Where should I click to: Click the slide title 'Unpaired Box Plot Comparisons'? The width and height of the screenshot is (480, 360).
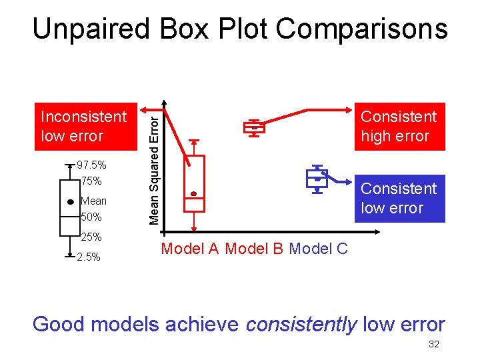click(x=240, y=29)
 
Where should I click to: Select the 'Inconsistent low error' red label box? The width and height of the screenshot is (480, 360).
click(x=83, y=126)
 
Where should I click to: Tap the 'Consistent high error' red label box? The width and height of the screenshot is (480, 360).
click(x=399, y=126)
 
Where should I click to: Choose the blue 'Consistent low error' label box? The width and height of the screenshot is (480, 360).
click(x=399, y=198)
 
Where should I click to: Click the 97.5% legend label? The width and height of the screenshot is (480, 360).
click(x=91, y=165)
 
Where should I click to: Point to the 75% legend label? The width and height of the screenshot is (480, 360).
click(x=91, y=181)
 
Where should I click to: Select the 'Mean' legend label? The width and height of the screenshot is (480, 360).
click(x=93, y=201)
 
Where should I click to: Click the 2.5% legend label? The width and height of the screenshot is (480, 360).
click(x=89, y=257)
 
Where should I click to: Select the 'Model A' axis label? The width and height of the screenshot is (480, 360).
click(x=190, y=249)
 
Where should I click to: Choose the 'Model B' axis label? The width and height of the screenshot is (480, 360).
click(x=254, y=249)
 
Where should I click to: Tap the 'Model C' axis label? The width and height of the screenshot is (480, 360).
click(x=318, y=249)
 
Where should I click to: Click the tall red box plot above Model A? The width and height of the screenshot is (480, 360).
click(x=194, y=183)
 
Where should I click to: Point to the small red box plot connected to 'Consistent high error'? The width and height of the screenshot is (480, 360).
click(x=254, y=127)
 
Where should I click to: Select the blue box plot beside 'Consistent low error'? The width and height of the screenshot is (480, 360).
click(x=317, y=179)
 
